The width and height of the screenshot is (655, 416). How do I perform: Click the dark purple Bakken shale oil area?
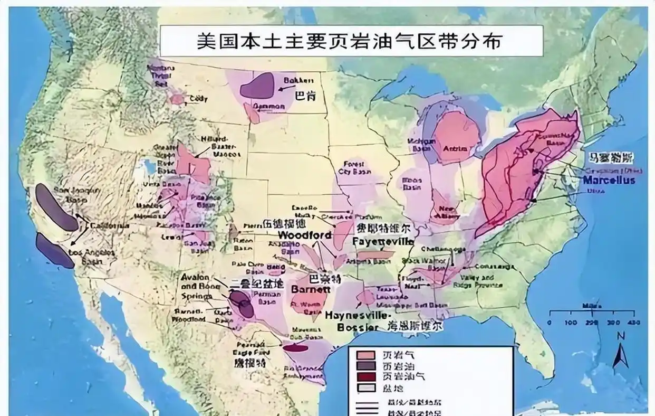[x=258, y=86]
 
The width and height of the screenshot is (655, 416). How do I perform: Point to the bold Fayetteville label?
[x=383, y=242]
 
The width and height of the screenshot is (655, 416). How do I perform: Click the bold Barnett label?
[x=311, y=289]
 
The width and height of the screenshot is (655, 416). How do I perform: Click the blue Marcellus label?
[x=609, y=180]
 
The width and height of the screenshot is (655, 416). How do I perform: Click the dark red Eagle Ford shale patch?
[x=296, y=347]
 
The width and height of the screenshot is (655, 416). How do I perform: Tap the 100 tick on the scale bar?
[x=571, y=322]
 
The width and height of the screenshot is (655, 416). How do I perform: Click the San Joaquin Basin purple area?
[x=55, y=207]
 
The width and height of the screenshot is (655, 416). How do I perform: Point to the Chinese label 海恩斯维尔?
[x=415, y=326]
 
